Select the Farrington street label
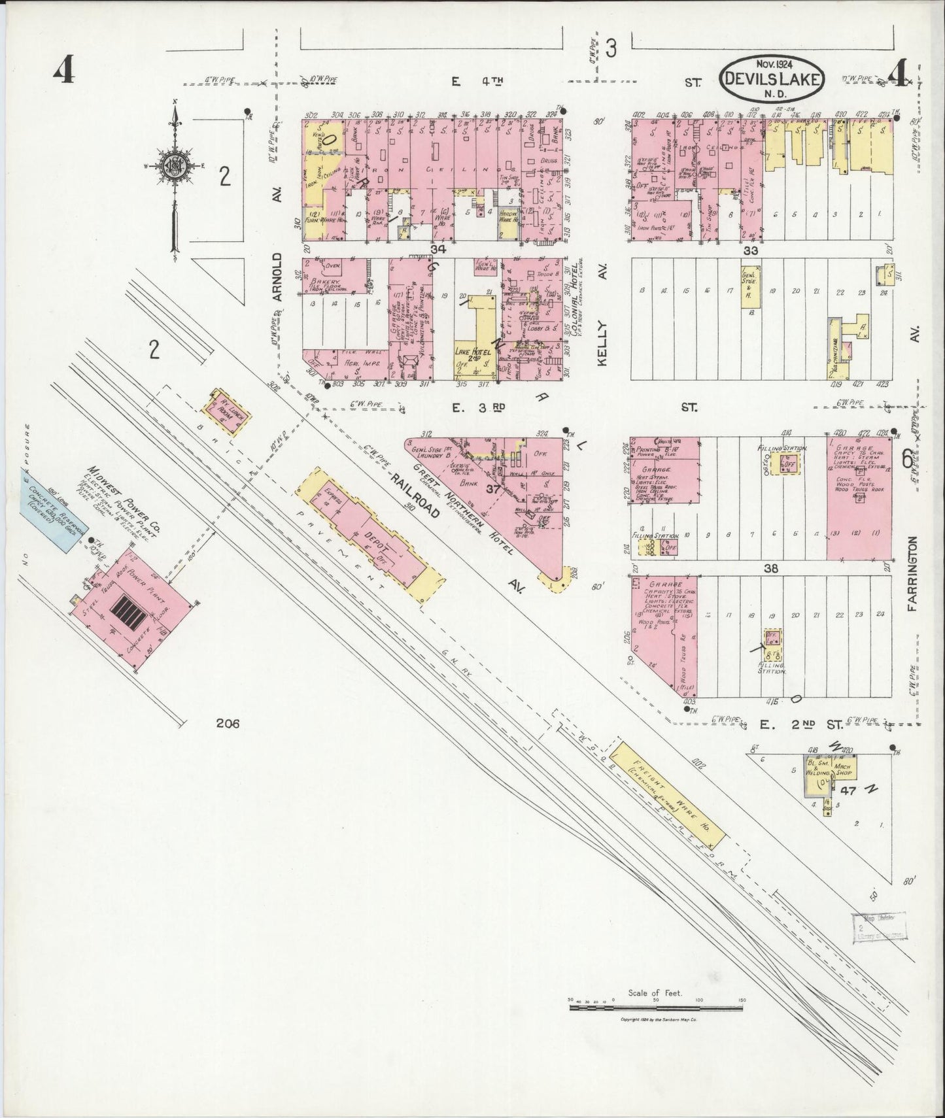[914, 573]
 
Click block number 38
[772, 569]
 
